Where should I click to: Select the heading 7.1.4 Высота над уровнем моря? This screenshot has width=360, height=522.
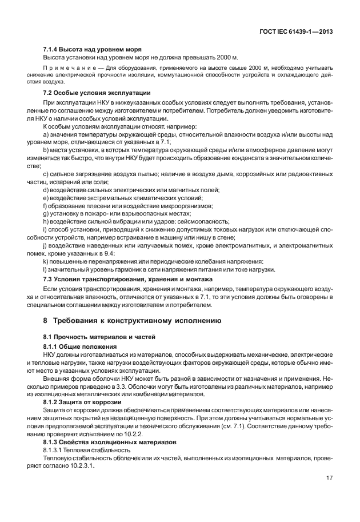93,50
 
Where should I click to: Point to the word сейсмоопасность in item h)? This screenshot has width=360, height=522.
205,221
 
